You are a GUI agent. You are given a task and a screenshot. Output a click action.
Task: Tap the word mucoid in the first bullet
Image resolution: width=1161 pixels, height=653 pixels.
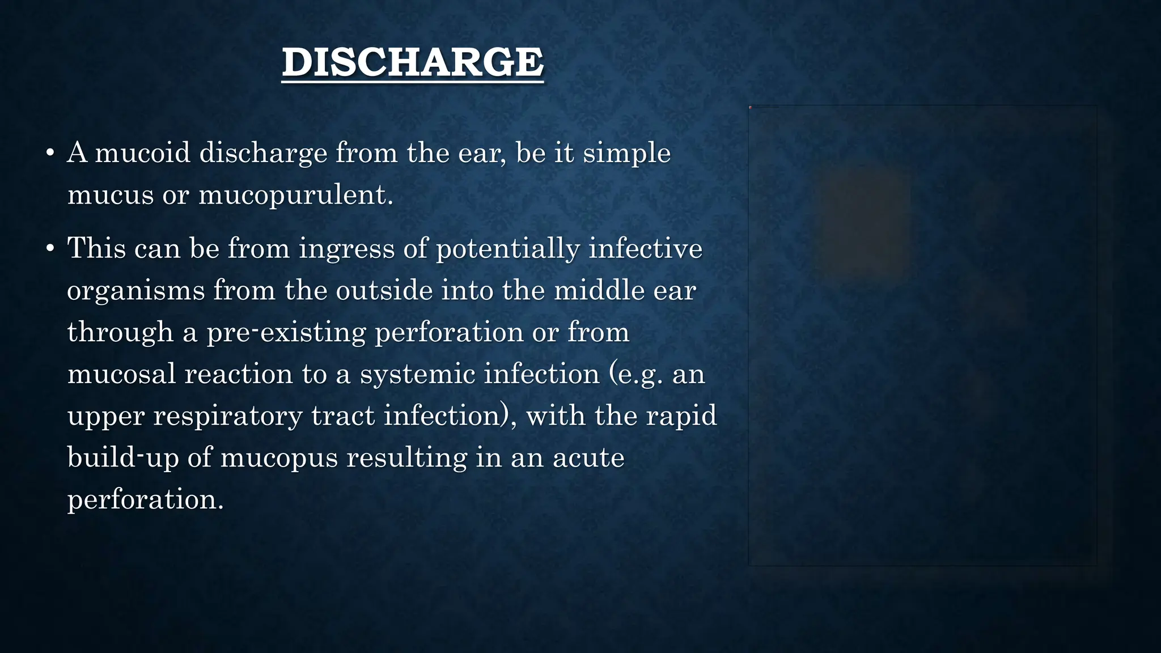(x=142, y=153)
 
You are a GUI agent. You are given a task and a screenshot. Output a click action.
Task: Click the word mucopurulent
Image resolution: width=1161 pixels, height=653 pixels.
(x=295, y=196)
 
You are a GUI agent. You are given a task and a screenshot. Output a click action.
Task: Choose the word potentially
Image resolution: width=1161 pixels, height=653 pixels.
(x=508, y=249)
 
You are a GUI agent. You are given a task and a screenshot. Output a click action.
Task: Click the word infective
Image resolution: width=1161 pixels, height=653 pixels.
(x=646, y=248)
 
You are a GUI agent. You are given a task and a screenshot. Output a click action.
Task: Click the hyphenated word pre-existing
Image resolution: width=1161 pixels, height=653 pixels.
(x=286, y=333)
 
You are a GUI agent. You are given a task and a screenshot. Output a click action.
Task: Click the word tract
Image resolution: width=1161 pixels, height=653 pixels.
(x=342, y=416)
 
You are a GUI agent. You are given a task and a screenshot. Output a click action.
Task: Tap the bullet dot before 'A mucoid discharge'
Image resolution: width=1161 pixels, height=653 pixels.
(x=50, y=153)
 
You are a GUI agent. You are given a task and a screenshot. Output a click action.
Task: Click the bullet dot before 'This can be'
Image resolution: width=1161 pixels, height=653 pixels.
(x=50, y=248)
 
